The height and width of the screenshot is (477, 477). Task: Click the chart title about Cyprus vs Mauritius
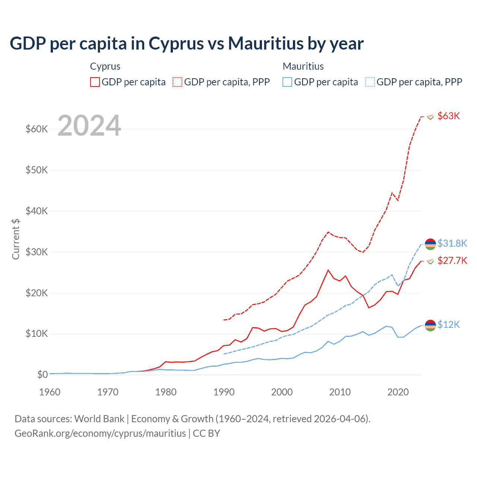coord(187,44)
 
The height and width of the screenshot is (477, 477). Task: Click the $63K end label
coord(449,116)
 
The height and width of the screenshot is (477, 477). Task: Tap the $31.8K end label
coord(452,243)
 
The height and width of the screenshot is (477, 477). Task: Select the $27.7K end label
coord(452,260)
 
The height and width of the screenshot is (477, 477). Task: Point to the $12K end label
coord(449,325)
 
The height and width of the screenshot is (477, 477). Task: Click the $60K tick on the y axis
coord(37,129)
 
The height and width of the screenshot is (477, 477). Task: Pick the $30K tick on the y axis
coord(37,252)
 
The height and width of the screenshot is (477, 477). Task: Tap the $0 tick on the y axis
coord(42,375)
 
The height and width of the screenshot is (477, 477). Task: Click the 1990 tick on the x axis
coord(224,392)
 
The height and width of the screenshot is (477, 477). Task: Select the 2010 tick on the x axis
coord(340,392)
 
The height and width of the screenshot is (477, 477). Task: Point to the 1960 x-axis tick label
coord(50,392)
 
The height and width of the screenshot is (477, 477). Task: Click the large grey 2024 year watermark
coord(89,126)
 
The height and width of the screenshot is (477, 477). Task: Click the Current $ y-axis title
coord(16,239)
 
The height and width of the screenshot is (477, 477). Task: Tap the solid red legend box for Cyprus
coord(95,82)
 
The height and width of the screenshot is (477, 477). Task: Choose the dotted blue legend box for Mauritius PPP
coord(370,82)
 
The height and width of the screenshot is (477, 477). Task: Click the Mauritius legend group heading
coord(303,66)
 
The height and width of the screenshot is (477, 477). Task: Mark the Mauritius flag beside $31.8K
coord(430,244)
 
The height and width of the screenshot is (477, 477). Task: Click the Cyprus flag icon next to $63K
coord(430,116)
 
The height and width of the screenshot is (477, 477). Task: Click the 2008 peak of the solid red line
coord(328,270)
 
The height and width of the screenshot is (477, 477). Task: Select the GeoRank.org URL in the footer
coord(100,433)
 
